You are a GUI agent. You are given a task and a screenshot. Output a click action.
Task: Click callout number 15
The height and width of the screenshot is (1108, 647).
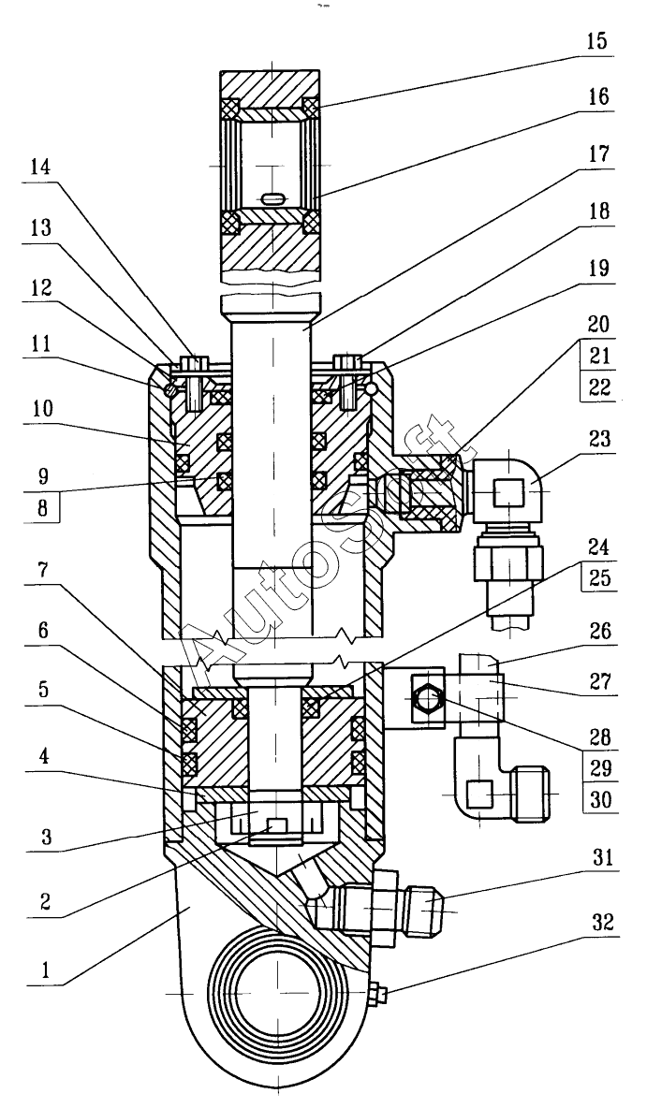(x=596, y=40)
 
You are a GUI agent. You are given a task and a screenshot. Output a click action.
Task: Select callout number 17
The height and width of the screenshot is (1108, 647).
(x=597, y=154)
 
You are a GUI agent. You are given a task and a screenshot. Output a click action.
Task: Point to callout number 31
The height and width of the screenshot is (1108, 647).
(x=597, y=860)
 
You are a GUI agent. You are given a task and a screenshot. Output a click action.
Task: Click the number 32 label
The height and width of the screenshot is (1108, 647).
(x=597, y=923)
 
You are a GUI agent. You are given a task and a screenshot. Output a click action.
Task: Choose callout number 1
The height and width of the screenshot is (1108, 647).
(x=46, y=969)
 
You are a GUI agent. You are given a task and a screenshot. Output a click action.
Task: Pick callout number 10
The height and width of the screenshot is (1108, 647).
(x=41, y=408)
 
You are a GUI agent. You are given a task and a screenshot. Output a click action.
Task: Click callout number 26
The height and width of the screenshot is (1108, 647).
(x=597, y=630)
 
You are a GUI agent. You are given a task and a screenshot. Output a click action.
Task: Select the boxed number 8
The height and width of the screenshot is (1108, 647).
(x=43, y=509)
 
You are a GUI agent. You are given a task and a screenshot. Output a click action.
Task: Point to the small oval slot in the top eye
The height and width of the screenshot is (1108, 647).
(x=273, y=198)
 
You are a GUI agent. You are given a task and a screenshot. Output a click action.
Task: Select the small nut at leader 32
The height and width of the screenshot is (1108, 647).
(x=376, y=995)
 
